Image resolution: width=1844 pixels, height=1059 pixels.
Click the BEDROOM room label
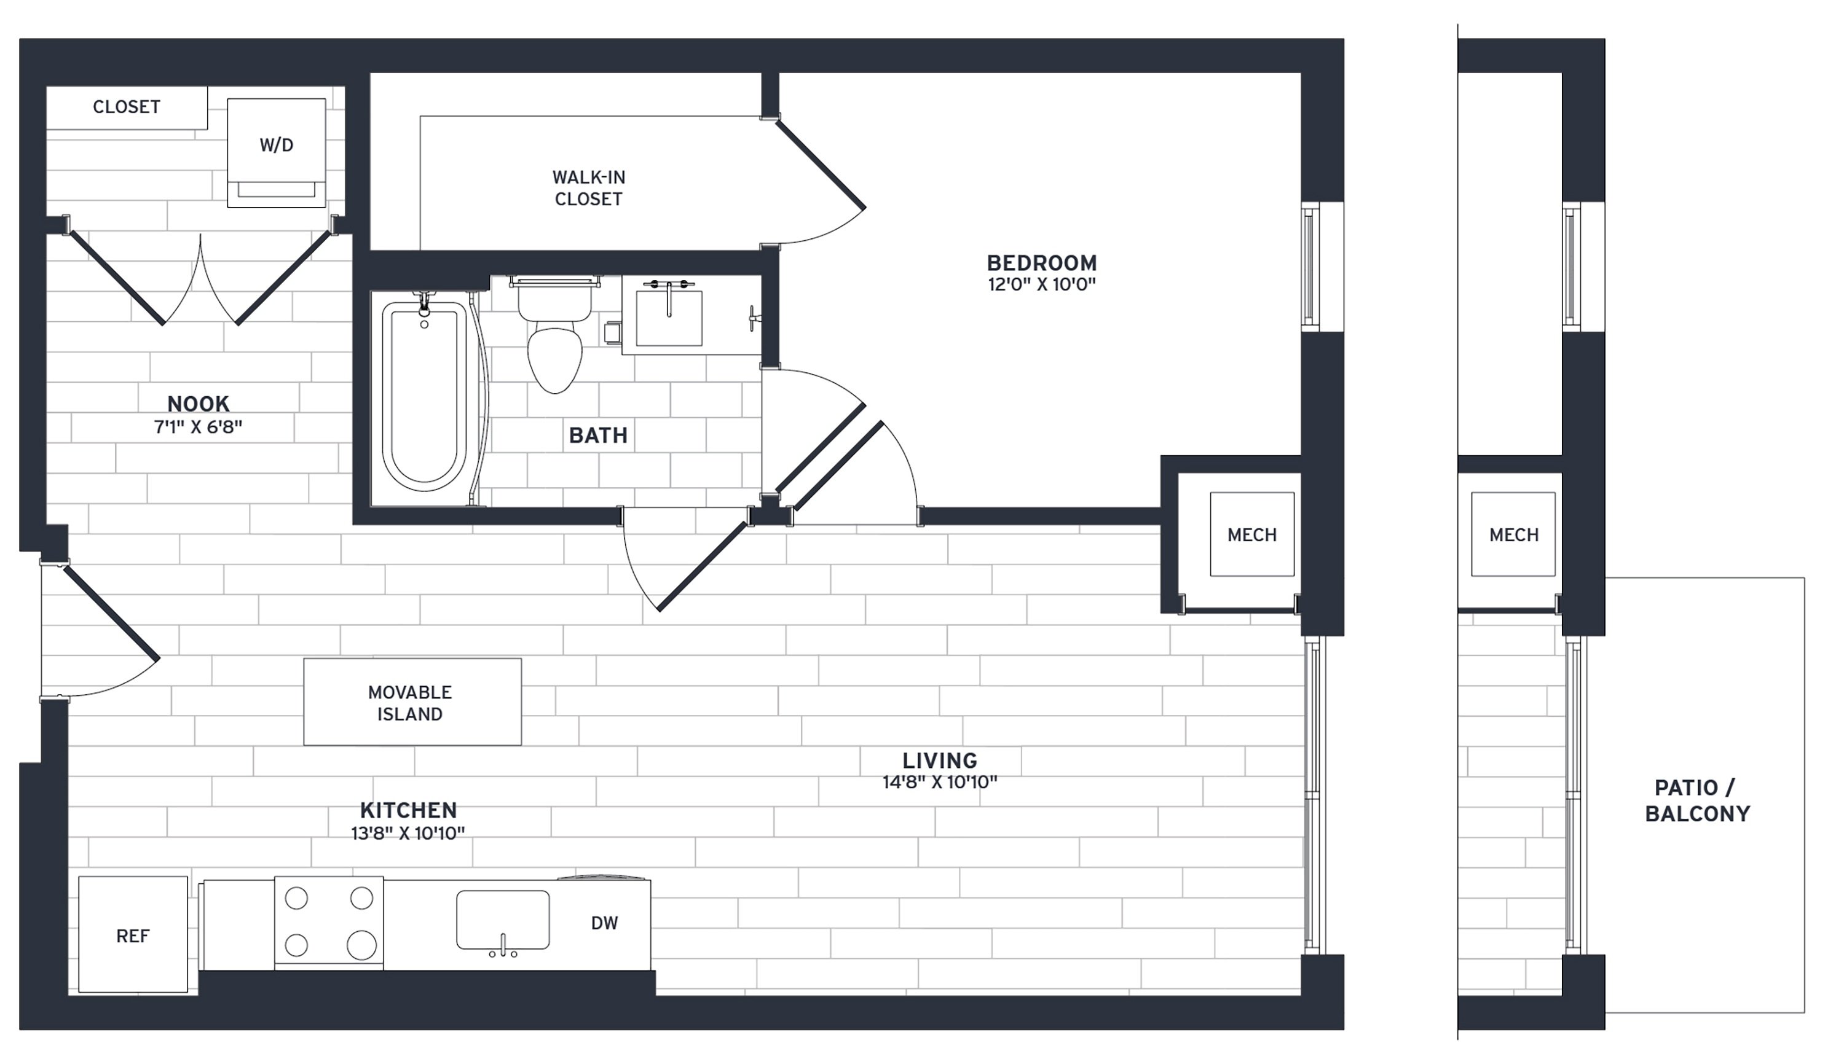point(1041,262)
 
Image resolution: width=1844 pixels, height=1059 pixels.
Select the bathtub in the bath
point(424,396)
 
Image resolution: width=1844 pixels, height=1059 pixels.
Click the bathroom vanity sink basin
point(669,318)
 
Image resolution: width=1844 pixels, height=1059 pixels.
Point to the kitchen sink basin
point(503,920)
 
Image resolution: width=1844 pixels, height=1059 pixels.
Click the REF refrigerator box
point(133,935)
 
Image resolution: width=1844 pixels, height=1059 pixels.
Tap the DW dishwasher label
point(604,923)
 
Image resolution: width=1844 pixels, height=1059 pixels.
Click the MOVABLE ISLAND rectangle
point(412,702)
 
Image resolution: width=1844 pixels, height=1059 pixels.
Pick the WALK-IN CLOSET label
point(589,187)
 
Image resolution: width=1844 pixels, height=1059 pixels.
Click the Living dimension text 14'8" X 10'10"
point(939,783)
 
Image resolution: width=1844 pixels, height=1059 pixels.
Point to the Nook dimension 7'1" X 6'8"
point(198,427)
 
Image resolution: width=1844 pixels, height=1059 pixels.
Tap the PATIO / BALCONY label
point(1697,800)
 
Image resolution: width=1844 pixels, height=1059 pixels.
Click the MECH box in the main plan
point(1251,534)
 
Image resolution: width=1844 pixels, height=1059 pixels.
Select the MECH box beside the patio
point(1514,534)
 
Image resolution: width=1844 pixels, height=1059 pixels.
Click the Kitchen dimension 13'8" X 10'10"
point(408,834)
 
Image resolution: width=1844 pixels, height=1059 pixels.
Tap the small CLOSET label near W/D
point(127,107)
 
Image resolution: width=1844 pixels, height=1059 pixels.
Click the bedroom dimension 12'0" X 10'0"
point(1041,284)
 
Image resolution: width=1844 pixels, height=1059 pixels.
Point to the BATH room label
point(598,435)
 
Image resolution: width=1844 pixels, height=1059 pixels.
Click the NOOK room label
point(198,404)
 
